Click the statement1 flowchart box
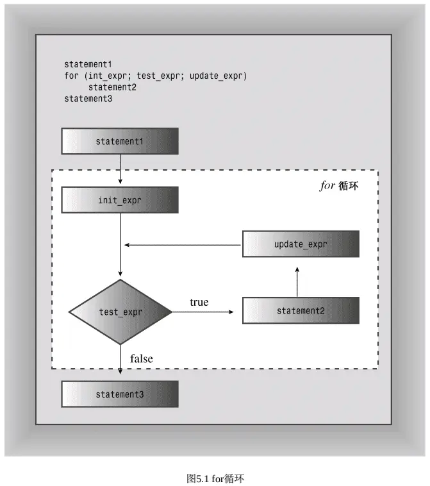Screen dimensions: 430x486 (120, 141)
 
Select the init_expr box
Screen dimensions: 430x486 (120, 200)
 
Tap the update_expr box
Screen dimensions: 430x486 (301, 244)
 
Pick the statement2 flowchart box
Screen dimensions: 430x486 (301, 310)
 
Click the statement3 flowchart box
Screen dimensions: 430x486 (120, 394)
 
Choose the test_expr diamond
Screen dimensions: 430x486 (120, 312)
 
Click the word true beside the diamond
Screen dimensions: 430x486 (199, 302)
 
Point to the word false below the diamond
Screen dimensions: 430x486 (142, 358)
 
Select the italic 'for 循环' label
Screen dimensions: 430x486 (339, 186)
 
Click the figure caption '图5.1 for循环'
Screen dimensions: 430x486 (215, 478)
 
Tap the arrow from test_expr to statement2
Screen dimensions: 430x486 (203, 312)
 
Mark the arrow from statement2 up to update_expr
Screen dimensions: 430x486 (297, 281)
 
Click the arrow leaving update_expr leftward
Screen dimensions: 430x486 (183, 245)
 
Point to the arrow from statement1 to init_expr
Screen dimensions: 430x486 (120, 169)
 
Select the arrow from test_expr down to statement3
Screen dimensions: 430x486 (120, 359)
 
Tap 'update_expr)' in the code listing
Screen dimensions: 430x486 (218, 76)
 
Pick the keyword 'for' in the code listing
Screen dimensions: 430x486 (71, 76)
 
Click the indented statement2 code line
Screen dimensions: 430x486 (112, 87)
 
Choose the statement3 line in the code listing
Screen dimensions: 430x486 (88, 99)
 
